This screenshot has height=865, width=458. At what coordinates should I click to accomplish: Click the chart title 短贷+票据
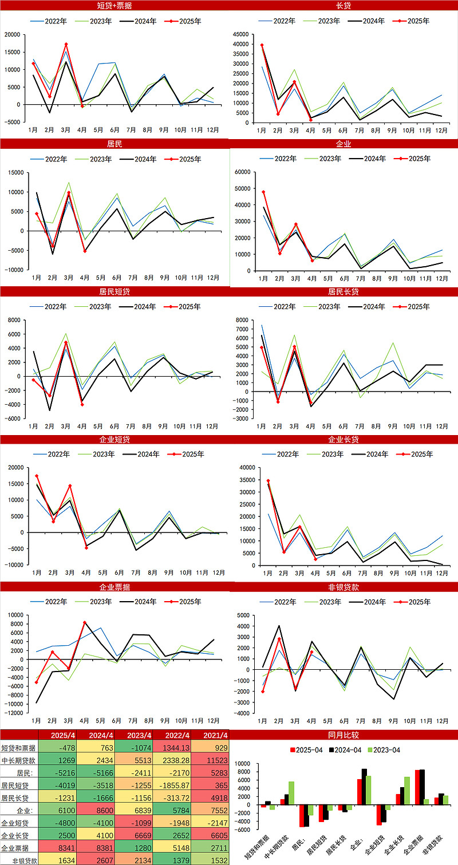tap(114, 5)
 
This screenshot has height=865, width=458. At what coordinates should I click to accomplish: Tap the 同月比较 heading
tap(343, 735)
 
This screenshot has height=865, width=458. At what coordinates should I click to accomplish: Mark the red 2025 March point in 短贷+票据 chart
tap(66, 44)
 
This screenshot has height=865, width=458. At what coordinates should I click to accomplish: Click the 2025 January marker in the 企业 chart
tap(263, 192)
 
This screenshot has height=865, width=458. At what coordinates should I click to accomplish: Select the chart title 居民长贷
tap(343, 291)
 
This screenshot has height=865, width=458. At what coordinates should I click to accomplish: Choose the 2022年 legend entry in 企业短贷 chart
tap(51, 454)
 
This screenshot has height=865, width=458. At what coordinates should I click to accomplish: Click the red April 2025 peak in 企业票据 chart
tap(84, 622)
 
